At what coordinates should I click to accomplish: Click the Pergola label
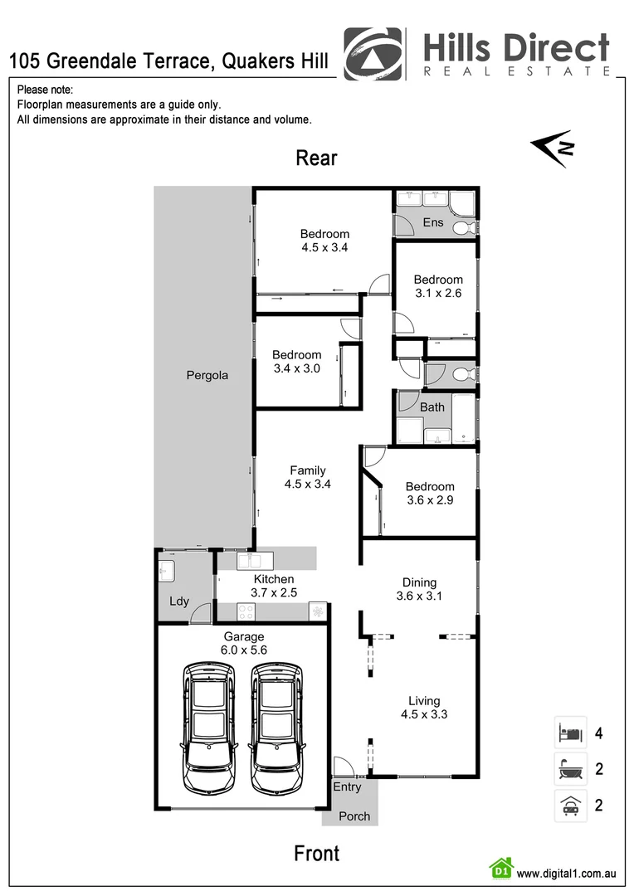207,375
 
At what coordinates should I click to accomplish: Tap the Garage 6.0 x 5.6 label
243,644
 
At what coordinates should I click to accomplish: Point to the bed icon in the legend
570,733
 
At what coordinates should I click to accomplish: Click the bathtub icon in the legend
570,769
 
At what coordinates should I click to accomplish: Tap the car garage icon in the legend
570,805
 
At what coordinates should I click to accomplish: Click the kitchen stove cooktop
246,611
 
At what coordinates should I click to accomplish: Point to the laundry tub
165,570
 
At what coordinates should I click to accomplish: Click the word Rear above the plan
317,158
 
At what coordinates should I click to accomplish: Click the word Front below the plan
316,853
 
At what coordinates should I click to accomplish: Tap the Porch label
354,816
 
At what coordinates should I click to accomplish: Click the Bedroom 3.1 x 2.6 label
438,286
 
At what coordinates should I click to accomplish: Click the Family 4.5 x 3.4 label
307,477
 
